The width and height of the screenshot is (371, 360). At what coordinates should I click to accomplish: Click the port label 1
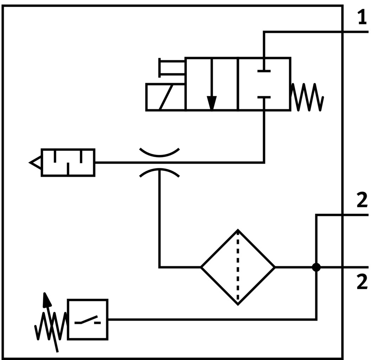click(x=362, y=18)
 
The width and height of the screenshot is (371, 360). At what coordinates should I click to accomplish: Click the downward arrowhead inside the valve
click(x=211, y=102)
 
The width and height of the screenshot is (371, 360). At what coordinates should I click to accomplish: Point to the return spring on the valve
click(x=307, y=97)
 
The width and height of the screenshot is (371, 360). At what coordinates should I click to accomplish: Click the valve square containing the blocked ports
click(x=264, y=84)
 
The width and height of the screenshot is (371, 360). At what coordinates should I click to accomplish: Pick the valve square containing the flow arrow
click(x=211, y=84)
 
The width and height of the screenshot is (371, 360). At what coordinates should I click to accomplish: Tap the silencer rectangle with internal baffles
click(x=68, y=162)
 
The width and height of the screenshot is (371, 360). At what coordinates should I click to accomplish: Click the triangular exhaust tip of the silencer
click(x=35, y=162)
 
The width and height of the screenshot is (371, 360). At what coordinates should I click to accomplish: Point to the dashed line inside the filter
click(x=238, y=268)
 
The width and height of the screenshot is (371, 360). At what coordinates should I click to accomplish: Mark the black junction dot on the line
click(x=316, y=268)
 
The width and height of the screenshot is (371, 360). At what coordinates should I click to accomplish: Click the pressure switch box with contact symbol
click(x=87, y=319)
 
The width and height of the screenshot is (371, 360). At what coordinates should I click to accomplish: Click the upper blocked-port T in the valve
click(x=264, y=71)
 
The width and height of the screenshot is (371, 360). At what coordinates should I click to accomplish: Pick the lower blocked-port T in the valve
click(x=264, y=97)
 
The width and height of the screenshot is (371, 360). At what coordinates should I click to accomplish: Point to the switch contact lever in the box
click(x=87, y=320)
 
